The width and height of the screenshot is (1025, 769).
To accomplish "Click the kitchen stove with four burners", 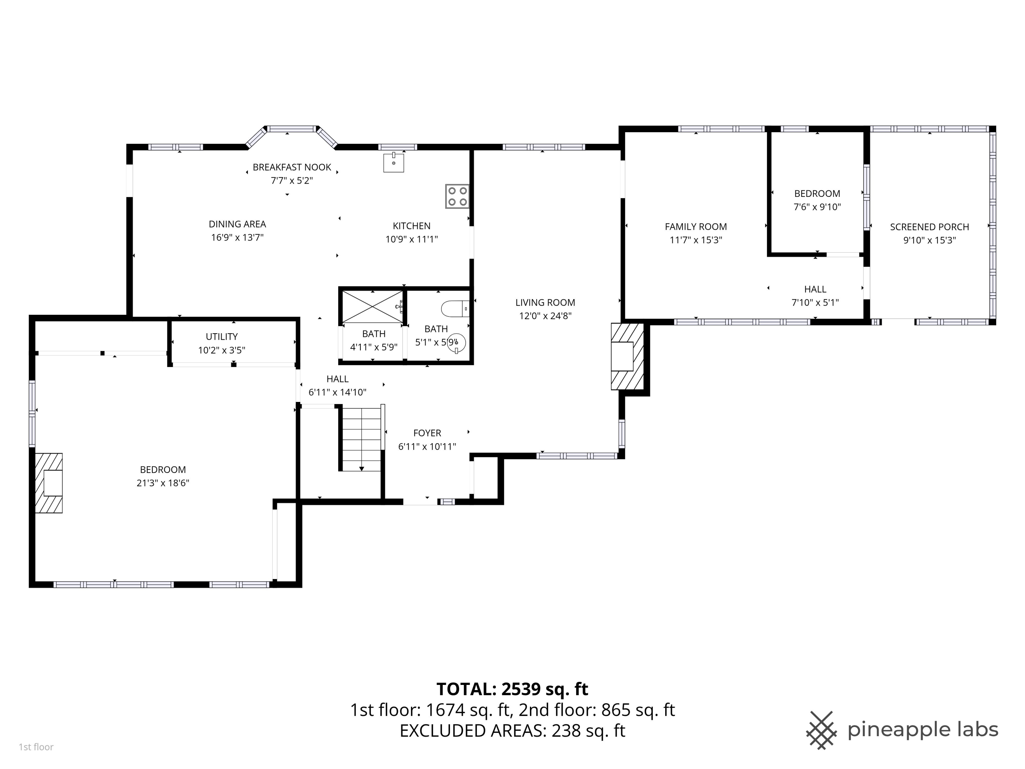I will tap(457, 196).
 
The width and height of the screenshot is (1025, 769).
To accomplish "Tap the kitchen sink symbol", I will tap(393, 162).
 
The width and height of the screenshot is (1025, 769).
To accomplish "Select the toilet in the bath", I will tap(455, 308).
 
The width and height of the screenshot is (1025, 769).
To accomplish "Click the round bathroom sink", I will tap(456, 343).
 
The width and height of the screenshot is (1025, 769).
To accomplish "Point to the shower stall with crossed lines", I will tap(372, 306).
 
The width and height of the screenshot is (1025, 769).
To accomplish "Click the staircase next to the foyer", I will tap(361, 439).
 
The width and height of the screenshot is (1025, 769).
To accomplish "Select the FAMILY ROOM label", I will tap(696, 227).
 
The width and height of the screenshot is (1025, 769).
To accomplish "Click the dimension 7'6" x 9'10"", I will tap(817, 207).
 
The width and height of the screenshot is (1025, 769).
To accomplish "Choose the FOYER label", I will tap(427, 433).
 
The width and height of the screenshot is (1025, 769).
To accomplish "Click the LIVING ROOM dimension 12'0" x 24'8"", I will tap(545, 316).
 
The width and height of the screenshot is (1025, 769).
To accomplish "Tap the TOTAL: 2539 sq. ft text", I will tap(512, 689).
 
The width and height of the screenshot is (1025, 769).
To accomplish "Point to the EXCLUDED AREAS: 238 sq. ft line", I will tap(512, 731).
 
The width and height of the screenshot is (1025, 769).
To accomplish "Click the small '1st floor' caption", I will tap(36, 747).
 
